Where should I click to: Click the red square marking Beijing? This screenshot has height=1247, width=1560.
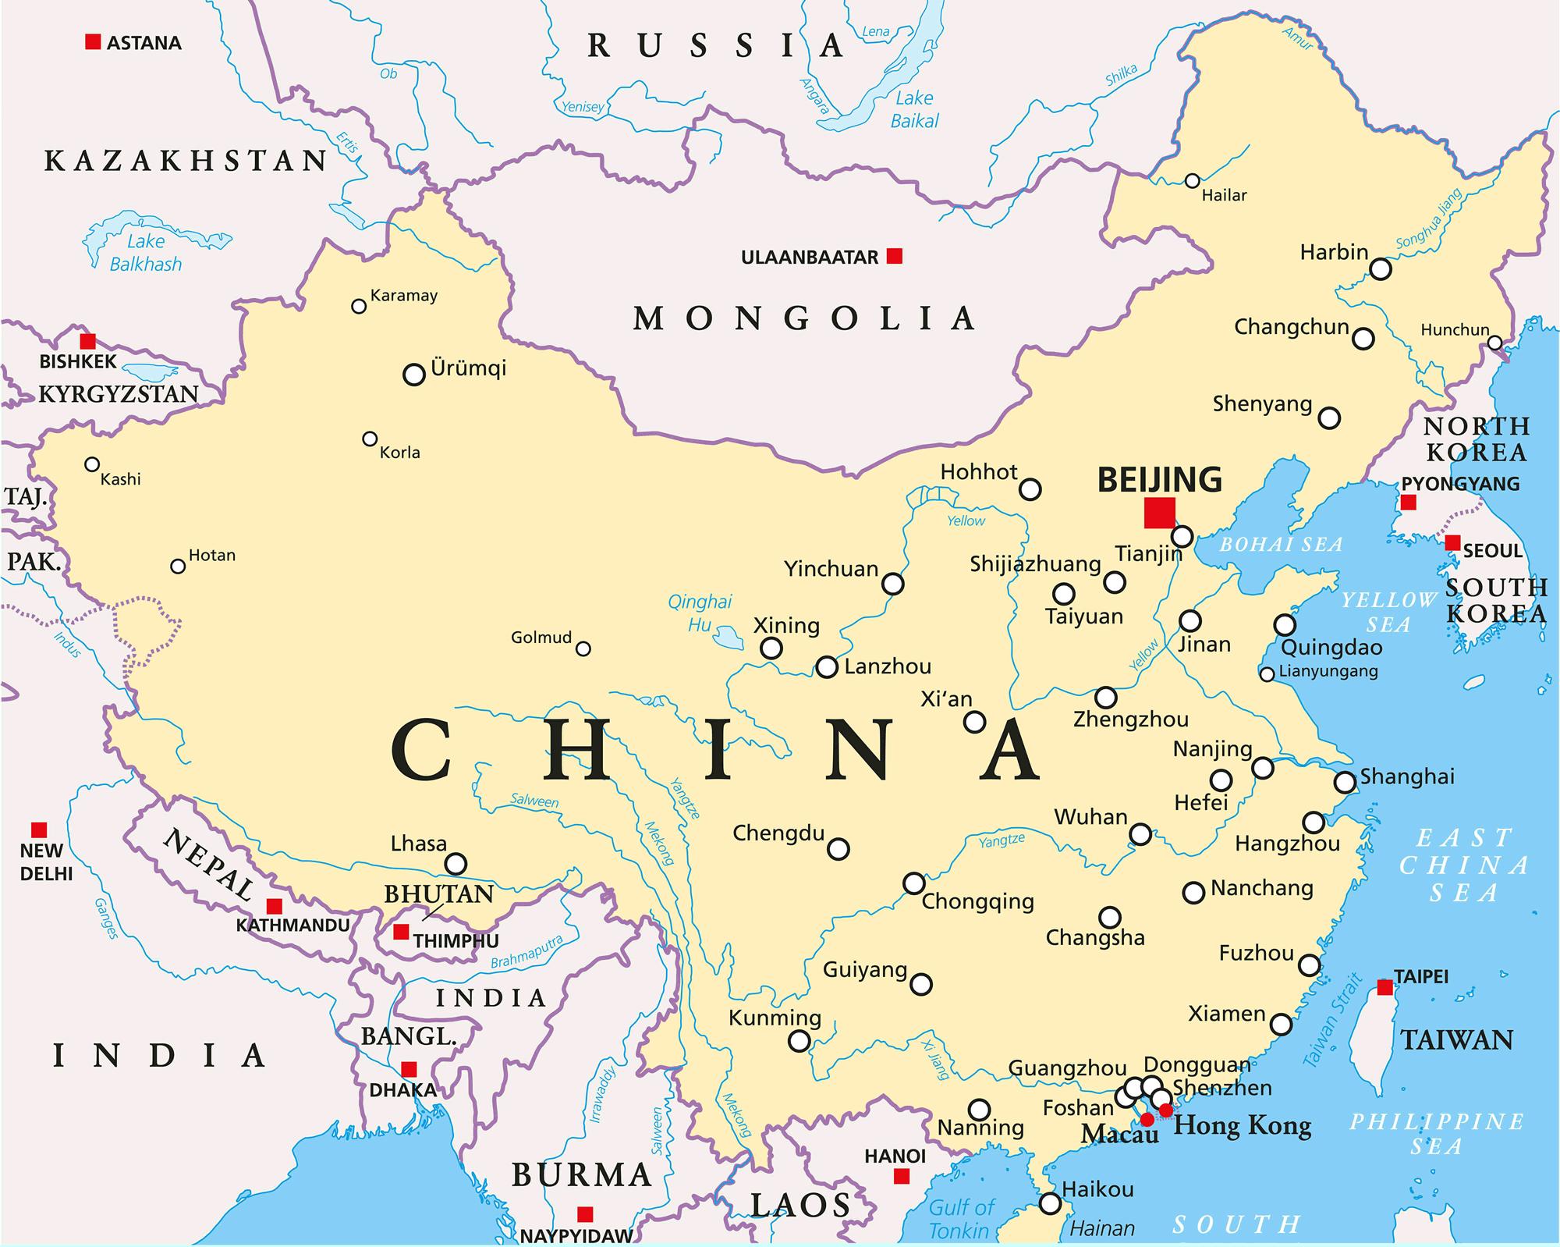tap(1159, 513)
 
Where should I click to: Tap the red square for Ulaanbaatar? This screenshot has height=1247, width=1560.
tap(895, 256)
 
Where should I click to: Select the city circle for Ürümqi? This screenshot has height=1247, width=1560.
tap(413, 375)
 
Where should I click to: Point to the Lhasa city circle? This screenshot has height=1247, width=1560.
tap(456, 864)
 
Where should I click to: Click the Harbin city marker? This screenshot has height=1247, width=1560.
tap(1381, 269)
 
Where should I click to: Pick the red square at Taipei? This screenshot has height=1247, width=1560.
tap(1384, 987)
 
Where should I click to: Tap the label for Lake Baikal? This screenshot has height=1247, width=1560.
tap(914, 109)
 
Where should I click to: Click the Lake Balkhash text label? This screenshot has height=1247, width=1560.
tap(146, 253)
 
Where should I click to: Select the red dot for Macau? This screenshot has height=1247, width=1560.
tap(1147, 1120)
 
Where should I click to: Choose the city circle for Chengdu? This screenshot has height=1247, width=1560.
tap(838, 848)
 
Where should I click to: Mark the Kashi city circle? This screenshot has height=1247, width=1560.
tap(92, 465)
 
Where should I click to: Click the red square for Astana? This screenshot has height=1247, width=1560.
tap(93, 42)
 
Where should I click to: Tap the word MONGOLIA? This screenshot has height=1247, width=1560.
tap(803, 318)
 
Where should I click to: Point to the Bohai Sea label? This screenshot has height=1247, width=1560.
tap(1281, 545)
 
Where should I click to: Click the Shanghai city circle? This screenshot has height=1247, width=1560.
tap(1345, 782)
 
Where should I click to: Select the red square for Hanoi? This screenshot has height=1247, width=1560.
tap(902, 1176)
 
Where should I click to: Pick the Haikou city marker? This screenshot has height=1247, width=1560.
tap(1051, 1203)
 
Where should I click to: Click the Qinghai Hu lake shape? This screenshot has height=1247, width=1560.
tap(729, 638)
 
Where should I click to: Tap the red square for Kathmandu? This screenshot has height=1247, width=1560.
tap(274, 906)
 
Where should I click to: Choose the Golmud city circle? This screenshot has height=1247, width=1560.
tap(583, 648)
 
